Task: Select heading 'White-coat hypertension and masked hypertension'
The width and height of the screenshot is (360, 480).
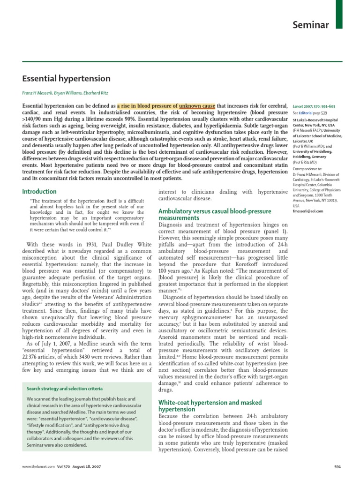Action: coord(210,406)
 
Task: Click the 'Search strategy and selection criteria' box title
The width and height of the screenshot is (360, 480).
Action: coord(65,389)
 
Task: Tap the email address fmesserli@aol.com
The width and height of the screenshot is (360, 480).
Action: coord(308,211)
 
